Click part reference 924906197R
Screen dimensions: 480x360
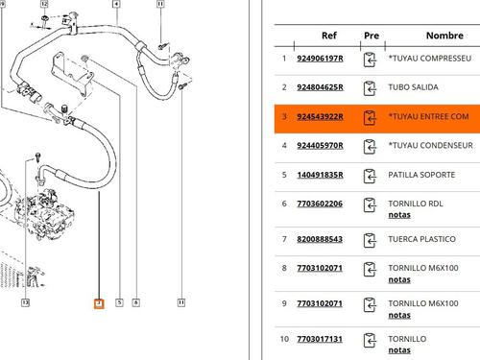click(x=329, y=59)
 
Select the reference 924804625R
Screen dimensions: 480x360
click(x=329, y=87)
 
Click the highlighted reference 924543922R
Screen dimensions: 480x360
click(x=329, y=117)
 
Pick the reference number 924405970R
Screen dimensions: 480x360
click(x=329, y=146)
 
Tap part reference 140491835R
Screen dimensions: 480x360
click(x=329, y=176)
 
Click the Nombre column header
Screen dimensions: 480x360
click(x=444, y=36)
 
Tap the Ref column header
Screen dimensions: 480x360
click(x=329, y=36)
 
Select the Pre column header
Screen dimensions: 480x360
click(x=372, y=36)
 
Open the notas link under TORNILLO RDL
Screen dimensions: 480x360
click(x=399, y=215)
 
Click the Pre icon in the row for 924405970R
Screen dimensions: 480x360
click(x=372, y=147)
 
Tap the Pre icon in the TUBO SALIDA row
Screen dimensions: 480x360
click(x=372, y=88)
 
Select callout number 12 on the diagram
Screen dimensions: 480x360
click(x=44, y=5)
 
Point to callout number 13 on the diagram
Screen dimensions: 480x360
click(x=25, y=303)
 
